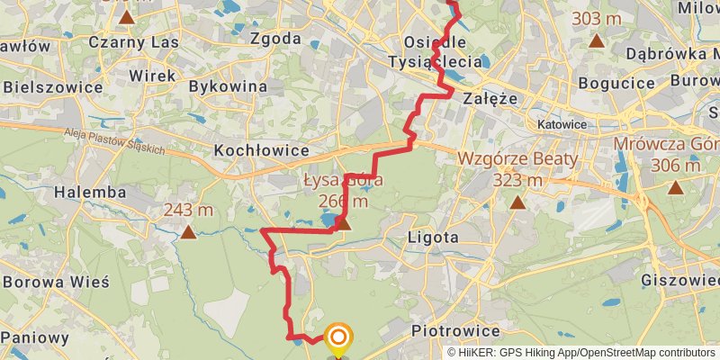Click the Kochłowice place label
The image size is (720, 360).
tap(261, 150)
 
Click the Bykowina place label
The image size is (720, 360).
tap(229, 86)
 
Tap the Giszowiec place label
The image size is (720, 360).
tap(679, 280)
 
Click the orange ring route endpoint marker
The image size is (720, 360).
tap(339, 337)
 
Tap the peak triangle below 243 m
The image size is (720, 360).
tap(188, 233)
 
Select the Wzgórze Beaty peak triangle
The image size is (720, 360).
tap(517, 202)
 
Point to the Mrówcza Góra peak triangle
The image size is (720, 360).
tap(675, 187)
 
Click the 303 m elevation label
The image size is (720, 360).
tap(598, 19)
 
